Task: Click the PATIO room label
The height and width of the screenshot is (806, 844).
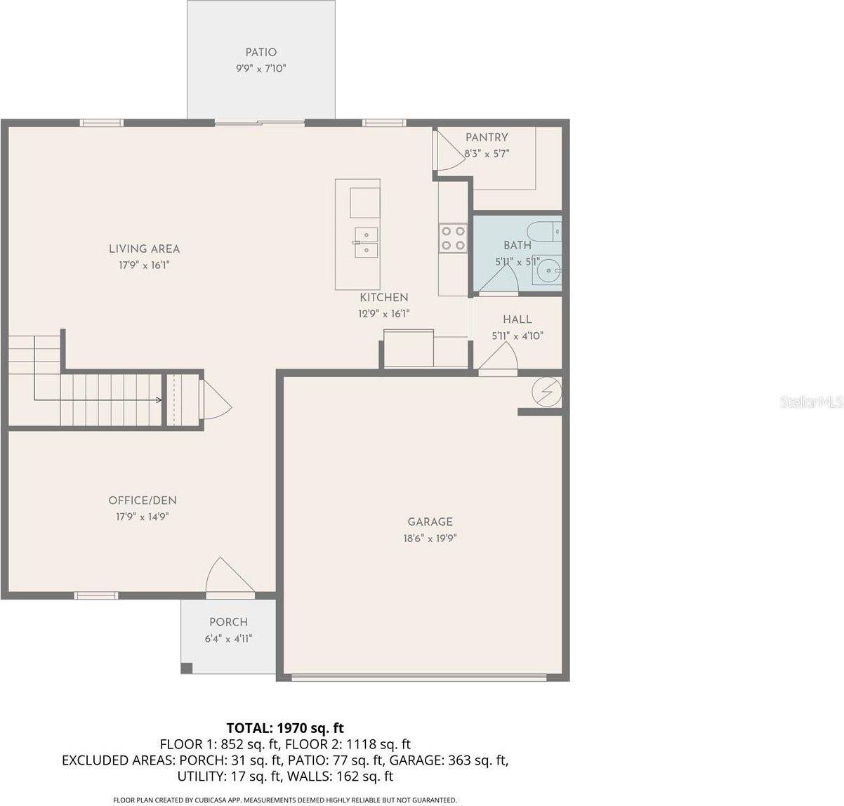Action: (x=261, y=52)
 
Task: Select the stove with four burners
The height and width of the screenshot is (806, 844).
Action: (x=452, y=237)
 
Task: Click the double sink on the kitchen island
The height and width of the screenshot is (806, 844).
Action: (x=366, y=242)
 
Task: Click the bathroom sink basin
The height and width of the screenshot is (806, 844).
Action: (x=547, y=270)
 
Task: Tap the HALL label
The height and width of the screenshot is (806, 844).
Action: (x=517, y=319)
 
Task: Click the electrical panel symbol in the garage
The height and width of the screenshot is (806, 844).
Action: (x=547, y=392)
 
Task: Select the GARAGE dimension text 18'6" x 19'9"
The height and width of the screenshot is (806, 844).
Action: (x=430, y=539)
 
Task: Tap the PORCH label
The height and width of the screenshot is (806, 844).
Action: (x=228, y=622)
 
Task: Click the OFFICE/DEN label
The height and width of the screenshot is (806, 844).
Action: (x=143, y=501)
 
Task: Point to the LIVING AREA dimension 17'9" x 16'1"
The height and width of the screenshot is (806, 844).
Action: (x=144, y=265)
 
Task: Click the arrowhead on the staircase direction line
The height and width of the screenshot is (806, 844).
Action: (x=159, y=400)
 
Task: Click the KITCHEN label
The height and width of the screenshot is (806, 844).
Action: (x=384, y=298)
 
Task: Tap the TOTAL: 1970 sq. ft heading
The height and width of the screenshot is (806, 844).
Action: (x=285, y=727)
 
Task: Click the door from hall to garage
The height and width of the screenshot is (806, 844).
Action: (x=499, y=360)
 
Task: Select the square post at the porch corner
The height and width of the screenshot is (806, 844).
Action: (x=186, y=668)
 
